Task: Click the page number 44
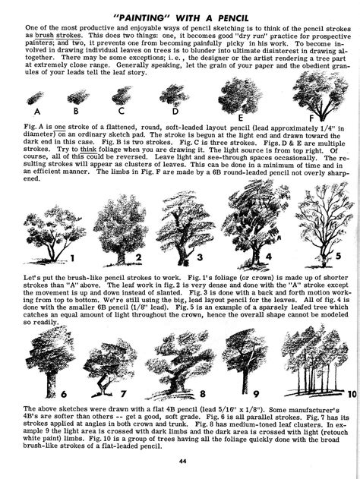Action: pos(182,462)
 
